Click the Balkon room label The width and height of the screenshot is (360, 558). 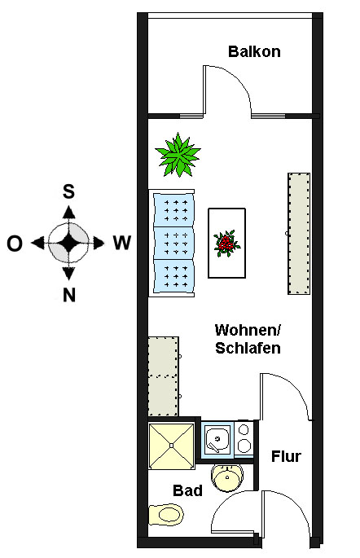[x=254, y=51]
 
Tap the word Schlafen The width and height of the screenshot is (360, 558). [x=248, y=348]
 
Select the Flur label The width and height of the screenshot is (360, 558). [x=286, y=456]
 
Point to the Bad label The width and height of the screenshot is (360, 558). [x=187, y=490]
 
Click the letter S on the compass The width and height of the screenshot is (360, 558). [x=68, y=191]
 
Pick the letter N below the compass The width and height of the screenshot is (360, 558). [x=69, y=295]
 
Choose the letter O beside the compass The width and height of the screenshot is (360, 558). [x=15, y=244]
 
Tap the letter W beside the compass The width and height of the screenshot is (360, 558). [x=122, y=243]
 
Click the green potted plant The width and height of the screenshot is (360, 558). [x=178, y=155]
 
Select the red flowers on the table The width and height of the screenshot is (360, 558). [x=226, y=244]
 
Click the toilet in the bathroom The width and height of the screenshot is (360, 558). [x=166, y=514]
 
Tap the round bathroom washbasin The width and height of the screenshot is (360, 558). [x=227, y=477]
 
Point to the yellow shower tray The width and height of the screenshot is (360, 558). [x=172, y=446]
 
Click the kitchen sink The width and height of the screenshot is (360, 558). [x=217, y=440]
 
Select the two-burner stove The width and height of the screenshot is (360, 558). [x=244, y=439]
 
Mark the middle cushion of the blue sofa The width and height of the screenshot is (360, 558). [x=174, y=243]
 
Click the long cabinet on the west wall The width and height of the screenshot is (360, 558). [x=299, y=234]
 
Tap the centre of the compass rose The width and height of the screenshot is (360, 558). [x=68, y=244]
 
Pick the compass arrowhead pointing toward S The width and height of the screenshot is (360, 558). [x=68, y=212]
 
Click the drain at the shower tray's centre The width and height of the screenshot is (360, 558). [x=172, y=446]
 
